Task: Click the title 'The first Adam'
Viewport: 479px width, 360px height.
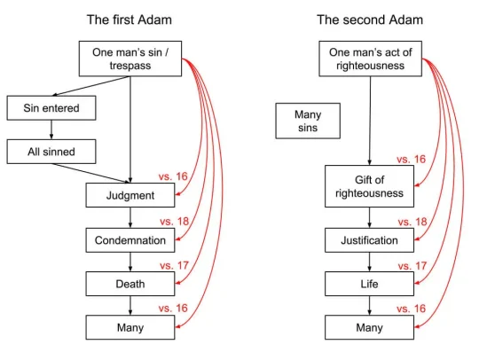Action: point(130,20)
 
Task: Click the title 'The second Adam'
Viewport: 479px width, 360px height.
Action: point(370,20)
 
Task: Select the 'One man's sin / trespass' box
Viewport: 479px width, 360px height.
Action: point(130,59)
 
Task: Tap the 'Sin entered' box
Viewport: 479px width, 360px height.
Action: point(51,108)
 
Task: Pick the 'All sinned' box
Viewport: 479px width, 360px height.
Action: point(51,152)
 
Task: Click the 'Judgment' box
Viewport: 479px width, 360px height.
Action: point(130,195)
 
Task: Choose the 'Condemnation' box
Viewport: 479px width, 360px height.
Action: point(130,240)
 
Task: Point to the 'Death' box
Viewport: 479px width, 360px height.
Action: point(130,284)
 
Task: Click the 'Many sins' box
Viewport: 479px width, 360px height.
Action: point(308,121)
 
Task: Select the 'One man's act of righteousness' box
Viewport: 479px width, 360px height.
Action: point(371,59)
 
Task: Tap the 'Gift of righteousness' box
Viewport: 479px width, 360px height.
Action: point(369,186)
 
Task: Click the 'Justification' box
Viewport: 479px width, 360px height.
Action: point(369,240)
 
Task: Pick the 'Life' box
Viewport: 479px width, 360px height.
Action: point(369,284)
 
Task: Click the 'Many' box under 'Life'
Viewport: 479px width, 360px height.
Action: point(369,327)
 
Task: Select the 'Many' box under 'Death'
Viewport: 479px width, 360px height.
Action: point(130,327)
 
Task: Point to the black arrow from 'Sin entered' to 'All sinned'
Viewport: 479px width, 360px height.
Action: point(51,129)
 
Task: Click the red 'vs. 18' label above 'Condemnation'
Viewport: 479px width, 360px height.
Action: point(175,222)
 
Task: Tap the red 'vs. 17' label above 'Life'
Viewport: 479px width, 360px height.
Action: point(412,266)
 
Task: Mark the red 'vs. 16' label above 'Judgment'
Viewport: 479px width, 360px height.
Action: point(173,176)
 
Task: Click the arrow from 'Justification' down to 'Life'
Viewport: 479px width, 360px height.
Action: point(369,262)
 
